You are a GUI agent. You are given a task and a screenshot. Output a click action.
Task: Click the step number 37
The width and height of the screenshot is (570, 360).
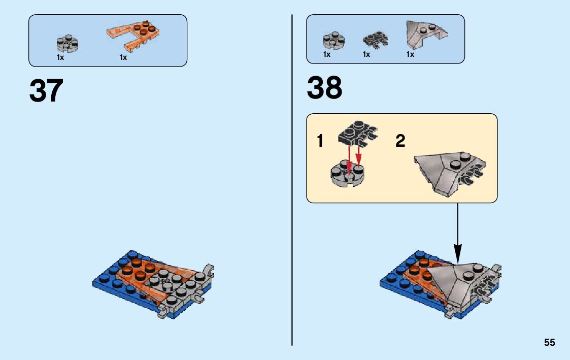coord(46,91)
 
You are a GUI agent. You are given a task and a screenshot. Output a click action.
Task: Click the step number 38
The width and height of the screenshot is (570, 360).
coord(324,88)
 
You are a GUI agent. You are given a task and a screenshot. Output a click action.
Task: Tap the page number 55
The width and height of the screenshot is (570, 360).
coord(549,343)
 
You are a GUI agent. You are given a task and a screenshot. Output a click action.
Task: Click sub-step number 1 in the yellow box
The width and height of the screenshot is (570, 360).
coord(320,141)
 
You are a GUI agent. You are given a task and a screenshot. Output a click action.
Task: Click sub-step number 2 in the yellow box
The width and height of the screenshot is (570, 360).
coord(400,141)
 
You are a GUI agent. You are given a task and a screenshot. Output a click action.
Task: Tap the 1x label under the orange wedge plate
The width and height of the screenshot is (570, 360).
coord(123,58)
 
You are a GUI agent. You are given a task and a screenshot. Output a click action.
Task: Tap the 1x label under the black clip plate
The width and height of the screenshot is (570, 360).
coord(366,55)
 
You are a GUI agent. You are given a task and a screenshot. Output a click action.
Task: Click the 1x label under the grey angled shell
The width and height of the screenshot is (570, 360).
coord(410,55)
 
